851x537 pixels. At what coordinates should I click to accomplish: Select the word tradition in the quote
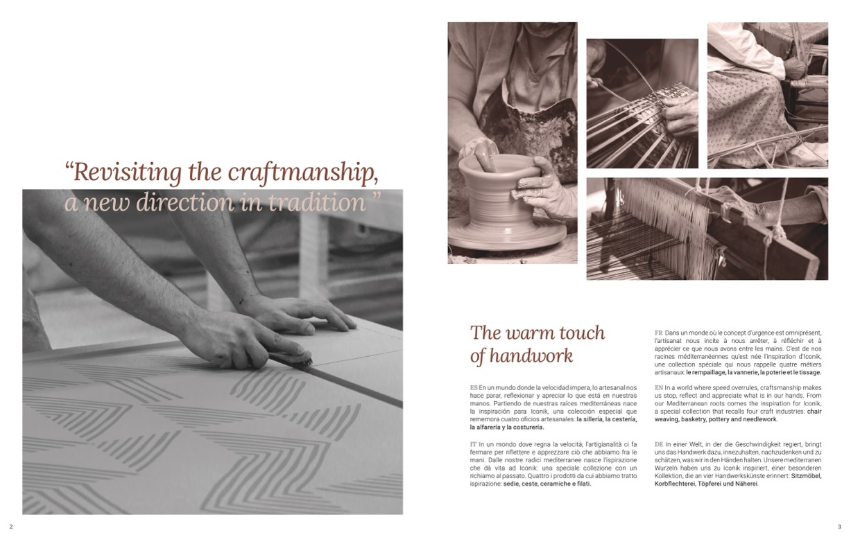(317, 202)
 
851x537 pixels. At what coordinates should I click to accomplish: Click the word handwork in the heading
(531, 356)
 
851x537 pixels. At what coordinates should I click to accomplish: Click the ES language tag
(474, 387)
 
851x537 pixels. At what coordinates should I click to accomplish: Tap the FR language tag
(658, 333)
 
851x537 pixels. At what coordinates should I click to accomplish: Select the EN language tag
(658, 387)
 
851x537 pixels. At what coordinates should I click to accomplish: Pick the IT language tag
(473, 444)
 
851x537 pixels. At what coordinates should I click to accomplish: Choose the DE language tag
(658, 444)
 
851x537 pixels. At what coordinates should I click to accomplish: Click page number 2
(11, 527)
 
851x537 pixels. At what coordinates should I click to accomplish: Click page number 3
(839, 527)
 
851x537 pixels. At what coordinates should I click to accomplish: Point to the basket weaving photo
(642, 103)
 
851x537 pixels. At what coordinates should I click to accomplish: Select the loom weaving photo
(707, 229)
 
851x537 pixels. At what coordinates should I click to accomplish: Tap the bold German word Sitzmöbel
(806, 476)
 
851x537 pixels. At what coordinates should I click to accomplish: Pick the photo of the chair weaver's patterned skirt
(767, 95)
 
